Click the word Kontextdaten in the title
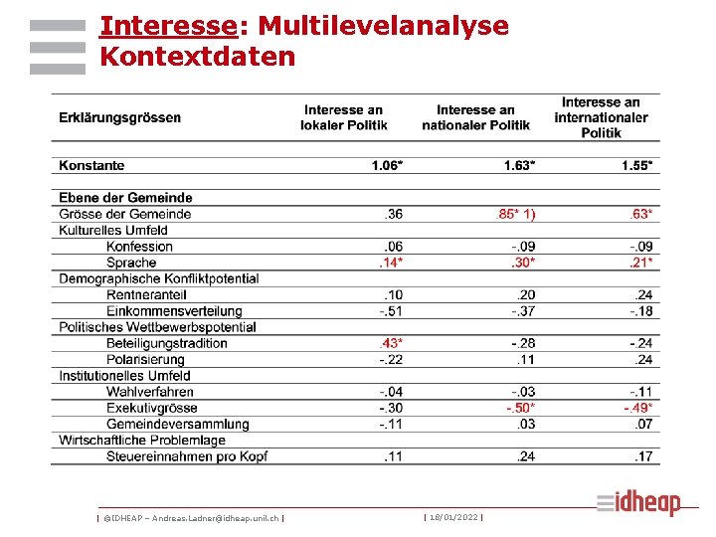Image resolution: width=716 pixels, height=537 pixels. pos(198,57)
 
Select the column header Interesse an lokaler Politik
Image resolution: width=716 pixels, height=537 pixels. pos(344,117)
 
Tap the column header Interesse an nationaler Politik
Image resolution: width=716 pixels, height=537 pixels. pos(475,117)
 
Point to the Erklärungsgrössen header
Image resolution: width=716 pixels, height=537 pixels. pos(119,117)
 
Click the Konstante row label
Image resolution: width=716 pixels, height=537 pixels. pos(91,165)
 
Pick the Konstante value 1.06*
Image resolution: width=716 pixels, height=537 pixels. pos(388,165)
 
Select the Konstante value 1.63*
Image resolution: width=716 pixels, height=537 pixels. pos(517,165)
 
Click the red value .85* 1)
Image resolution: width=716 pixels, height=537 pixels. pos(515,214)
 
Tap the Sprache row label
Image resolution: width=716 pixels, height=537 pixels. pos(131,263)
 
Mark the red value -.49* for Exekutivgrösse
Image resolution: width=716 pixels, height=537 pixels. pos(638,408)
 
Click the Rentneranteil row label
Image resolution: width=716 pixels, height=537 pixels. pos(147,295)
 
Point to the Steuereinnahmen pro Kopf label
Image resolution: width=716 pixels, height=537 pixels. pos(187,456)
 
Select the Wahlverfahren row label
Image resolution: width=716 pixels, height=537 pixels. pos(149,392)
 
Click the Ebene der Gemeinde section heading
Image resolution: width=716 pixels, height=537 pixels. pos(125,198)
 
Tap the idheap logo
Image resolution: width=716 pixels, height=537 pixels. pos(639,503)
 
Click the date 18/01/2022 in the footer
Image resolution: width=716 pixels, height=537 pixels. pos(453,517)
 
